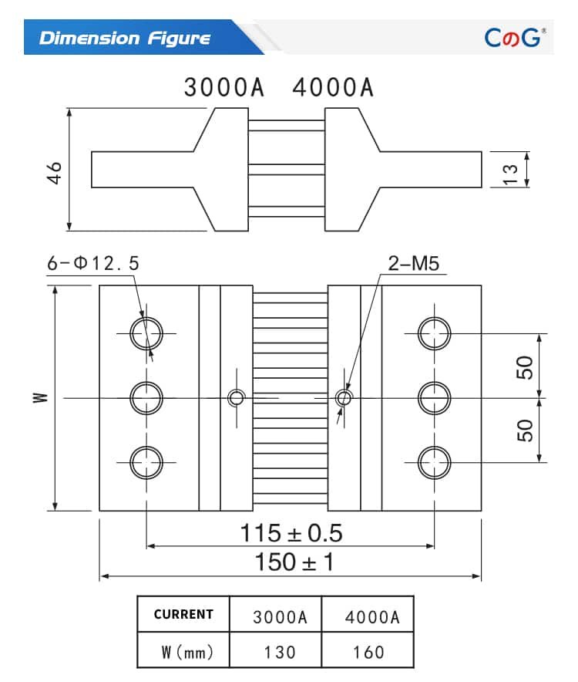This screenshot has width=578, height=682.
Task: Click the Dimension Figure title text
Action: click(x=124, y=38)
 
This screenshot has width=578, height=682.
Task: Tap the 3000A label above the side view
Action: click(x=223, y=88)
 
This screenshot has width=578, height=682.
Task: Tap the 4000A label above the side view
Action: click(x=333, y=88)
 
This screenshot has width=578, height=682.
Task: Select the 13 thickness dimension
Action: click(x=510, y=170)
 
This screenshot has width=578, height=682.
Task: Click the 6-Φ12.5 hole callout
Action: click(x=93, y=264)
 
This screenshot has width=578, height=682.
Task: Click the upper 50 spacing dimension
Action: click(x=525, y=367)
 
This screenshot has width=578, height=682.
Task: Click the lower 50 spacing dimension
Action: click(x=525, y=430)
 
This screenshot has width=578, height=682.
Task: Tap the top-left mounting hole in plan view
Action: click(x=146, y=333)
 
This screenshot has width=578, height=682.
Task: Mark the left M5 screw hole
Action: click(x=237, y=397)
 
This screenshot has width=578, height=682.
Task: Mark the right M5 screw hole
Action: click(x=344, y=397)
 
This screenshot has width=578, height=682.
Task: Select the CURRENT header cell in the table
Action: click(x=183, y=615)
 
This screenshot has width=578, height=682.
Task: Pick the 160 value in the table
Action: click(x=368, y=652)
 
